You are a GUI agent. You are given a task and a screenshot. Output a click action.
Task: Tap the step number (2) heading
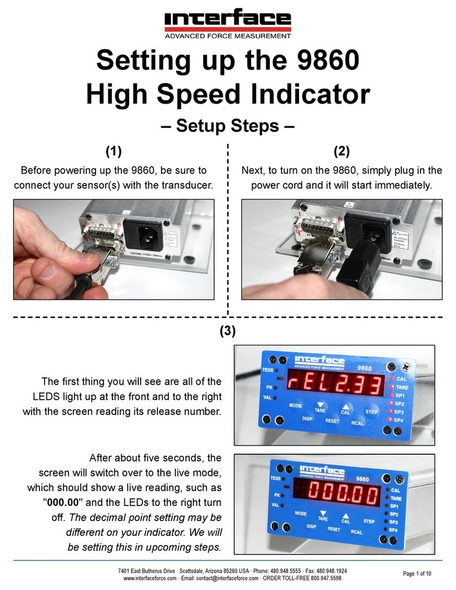pyautogui.click(x=341, y=151)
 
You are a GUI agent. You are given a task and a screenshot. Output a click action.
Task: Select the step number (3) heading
pyautogui.click(x=227, y=332)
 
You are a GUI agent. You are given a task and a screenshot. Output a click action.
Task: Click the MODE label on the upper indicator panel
pyautogui.click(x=296, y=406)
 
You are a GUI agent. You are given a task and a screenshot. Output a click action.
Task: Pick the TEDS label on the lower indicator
pyautogui.click(x=275, y=478)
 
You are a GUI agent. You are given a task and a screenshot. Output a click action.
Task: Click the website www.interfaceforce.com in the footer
pyautogui.click(x=148, y=578)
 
